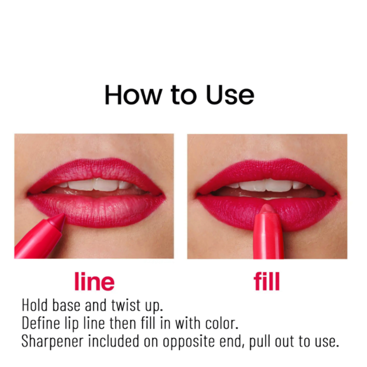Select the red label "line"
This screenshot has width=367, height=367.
click(x=94, y=282)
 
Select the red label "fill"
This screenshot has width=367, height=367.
click(x=267, y=282)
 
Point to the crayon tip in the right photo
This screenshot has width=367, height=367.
click(x=267, y=209)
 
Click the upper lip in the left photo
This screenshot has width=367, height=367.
click(x=95, y=171)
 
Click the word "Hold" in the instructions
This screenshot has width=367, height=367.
click(x=35, y=305)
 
